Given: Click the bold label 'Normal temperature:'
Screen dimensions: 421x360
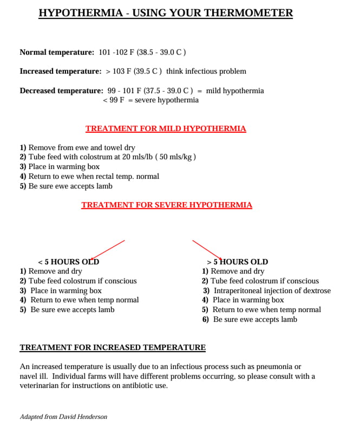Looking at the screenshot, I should point(57,53).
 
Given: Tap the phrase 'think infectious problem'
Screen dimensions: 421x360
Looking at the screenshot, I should point(206,72).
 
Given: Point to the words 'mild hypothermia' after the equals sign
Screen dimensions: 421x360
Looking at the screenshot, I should point(235,90).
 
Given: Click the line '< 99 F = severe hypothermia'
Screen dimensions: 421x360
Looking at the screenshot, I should point(150,100).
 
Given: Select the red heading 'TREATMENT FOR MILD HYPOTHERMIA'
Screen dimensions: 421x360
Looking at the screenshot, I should point(166,129).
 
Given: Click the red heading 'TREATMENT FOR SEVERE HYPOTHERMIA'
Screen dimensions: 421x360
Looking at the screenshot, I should point(167,205).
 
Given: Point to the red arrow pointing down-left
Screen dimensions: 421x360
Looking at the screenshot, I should point(108,250).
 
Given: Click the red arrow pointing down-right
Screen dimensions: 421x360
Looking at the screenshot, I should point(207,250).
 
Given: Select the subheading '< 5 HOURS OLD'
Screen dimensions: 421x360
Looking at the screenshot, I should point(68,262).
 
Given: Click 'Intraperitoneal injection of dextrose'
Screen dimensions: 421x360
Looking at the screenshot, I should point(271,290).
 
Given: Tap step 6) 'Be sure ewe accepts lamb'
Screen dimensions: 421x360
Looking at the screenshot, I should point(254,319).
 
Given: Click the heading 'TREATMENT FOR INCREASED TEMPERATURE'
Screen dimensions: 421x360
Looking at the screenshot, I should point(113,347).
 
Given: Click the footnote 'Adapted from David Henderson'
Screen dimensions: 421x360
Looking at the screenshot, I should point(63,417).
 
